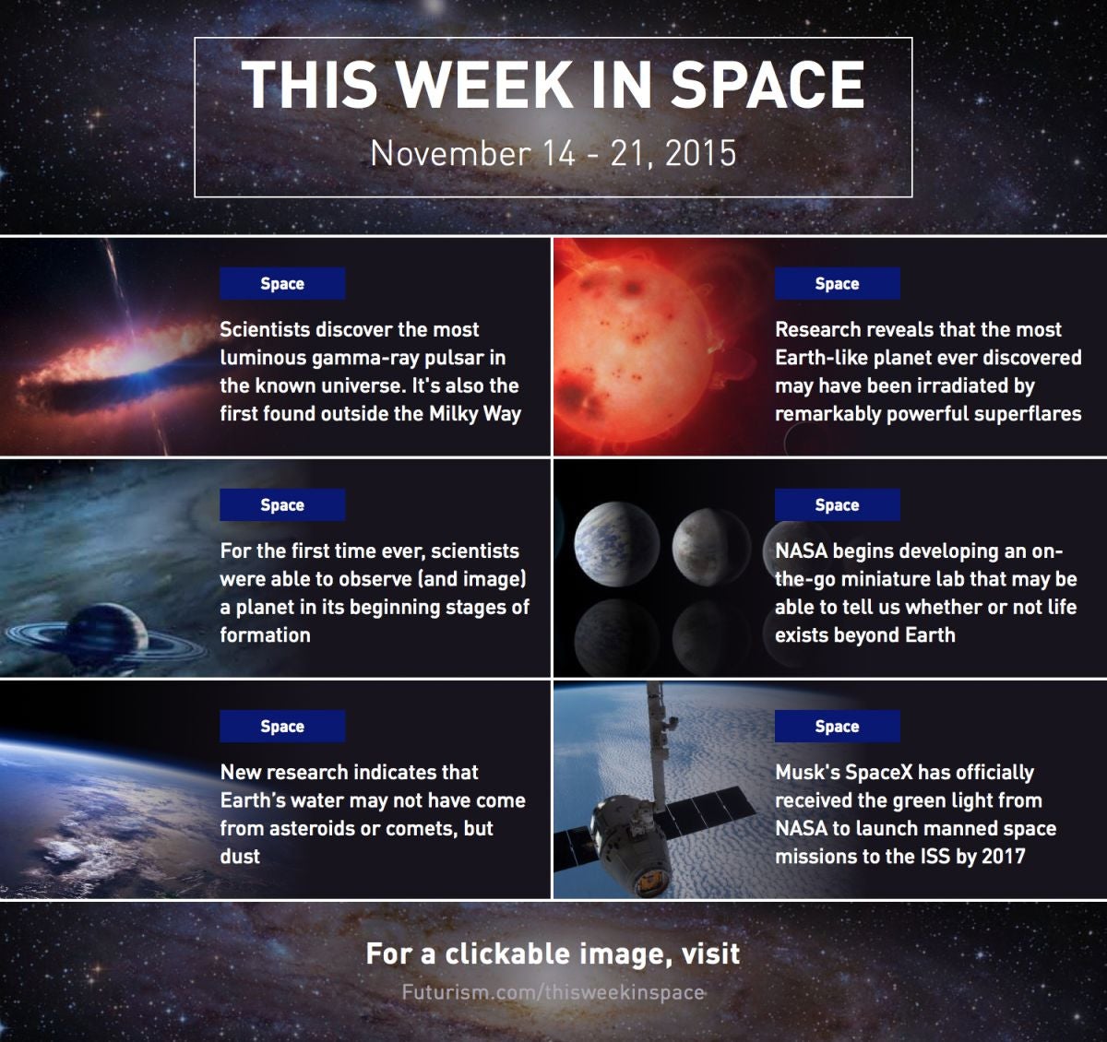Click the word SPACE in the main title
(x=767, y=84)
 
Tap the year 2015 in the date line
(x=701, y=153)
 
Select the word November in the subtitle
(x=450, y=153)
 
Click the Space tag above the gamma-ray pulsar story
(x=282, y=284)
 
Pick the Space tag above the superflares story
(x=838, y=284)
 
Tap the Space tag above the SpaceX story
(x=838, y=726)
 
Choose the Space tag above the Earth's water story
(x=282, y=726)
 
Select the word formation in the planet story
(x=265, y=634)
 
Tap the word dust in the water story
(x=240, y=856)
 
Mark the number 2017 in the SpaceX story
(x=1004, y=856)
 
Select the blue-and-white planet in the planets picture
(x=616, y=544)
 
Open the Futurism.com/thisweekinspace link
(x=553, y=992)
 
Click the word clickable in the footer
(x=507, y=953)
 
